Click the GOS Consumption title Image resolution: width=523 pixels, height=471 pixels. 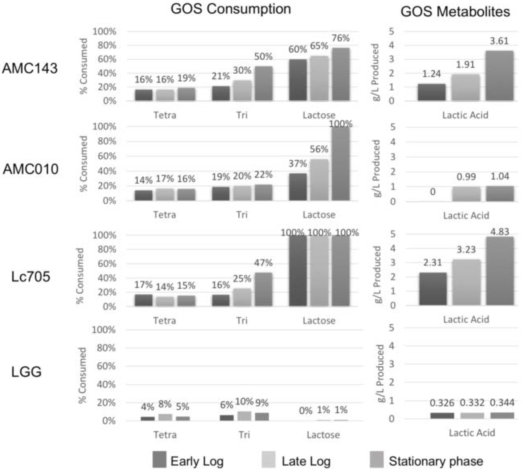click(231, 9)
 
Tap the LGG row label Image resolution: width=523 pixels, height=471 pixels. click(27, 372)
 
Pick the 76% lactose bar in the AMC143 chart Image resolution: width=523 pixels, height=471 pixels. click(341, 74)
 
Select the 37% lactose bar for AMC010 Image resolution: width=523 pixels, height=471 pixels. click(298, 187)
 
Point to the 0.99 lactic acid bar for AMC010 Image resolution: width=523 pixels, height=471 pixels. click(466, 194)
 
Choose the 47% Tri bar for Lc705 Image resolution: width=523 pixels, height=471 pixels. click(263, 289)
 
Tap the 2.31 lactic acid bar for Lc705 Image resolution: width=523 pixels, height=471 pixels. click(433, 289)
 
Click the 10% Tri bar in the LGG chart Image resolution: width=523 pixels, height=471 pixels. click(244, 416)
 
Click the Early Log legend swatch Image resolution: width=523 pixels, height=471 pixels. click(159, 459)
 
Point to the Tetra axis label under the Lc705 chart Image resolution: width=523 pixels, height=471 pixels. click(164, 321)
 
